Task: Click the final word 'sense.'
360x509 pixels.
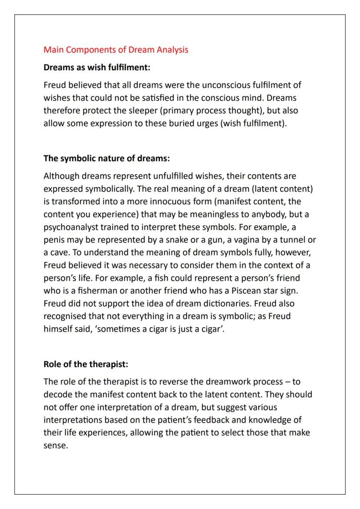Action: (x=56, y=445)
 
